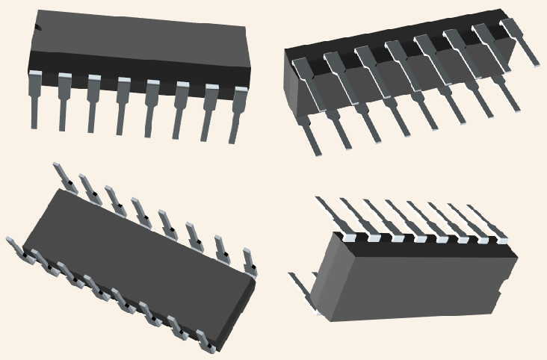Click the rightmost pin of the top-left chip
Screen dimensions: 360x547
click(239, 112)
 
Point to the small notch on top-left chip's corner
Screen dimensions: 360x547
click(37, 28)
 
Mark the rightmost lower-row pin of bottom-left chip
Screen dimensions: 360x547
click(205, 343)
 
